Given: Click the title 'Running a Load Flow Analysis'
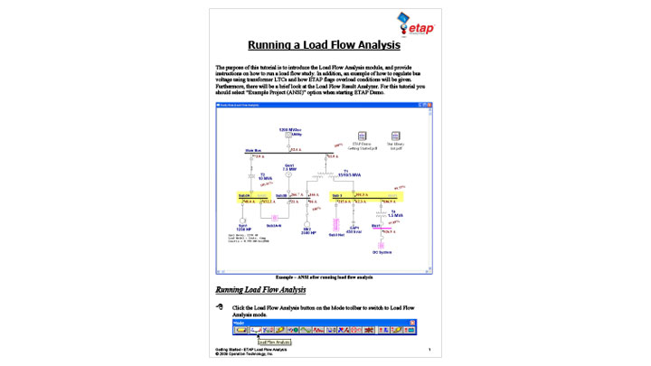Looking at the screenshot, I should pyautogui.click(x=325, y=44).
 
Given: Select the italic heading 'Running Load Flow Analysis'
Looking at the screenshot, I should pyautogui.click(x=260, y=290).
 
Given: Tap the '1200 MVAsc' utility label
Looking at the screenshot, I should pyautogui.click(x=289, y=130).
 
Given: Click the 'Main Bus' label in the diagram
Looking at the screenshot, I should pyautogui.click(x=253, y=151).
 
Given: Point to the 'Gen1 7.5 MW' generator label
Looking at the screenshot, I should pyautogui.click(x=289, y=167).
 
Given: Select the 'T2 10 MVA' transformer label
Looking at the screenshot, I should pyautogui.click(x=264, y=176).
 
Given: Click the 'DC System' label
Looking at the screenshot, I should pyautogui.click(x=388, y=252).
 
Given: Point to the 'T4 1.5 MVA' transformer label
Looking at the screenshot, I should pyautogui.click(x=395, y=213).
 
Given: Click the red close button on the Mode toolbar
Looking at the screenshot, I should pyautogui.click(x=412, y=323).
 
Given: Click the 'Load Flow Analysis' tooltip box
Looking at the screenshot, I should pyautogui.click(x=274, y=343).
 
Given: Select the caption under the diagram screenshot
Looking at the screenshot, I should pyautogui.click(x=325, y=277).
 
